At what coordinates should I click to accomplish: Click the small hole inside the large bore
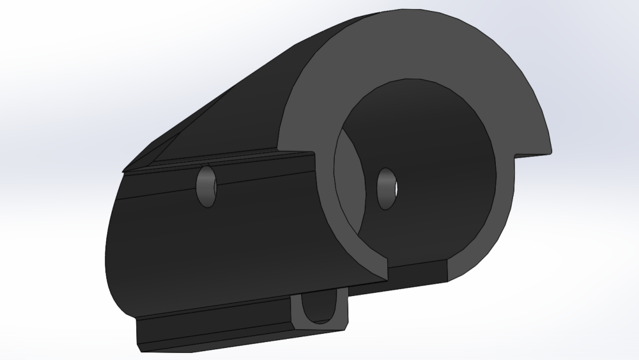(x=387, y=188)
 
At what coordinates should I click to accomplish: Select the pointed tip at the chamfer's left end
(x=125, y=170)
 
